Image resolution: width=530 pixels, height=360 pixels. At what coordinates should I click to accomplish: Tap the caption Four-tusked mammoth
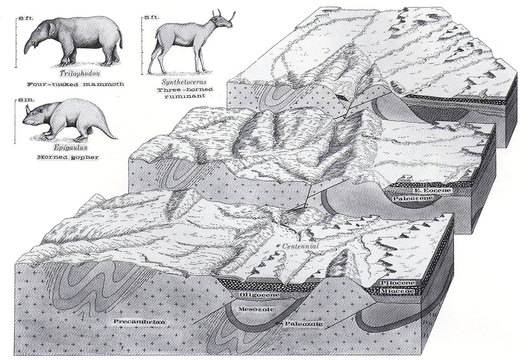click(x=75, y=84)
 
